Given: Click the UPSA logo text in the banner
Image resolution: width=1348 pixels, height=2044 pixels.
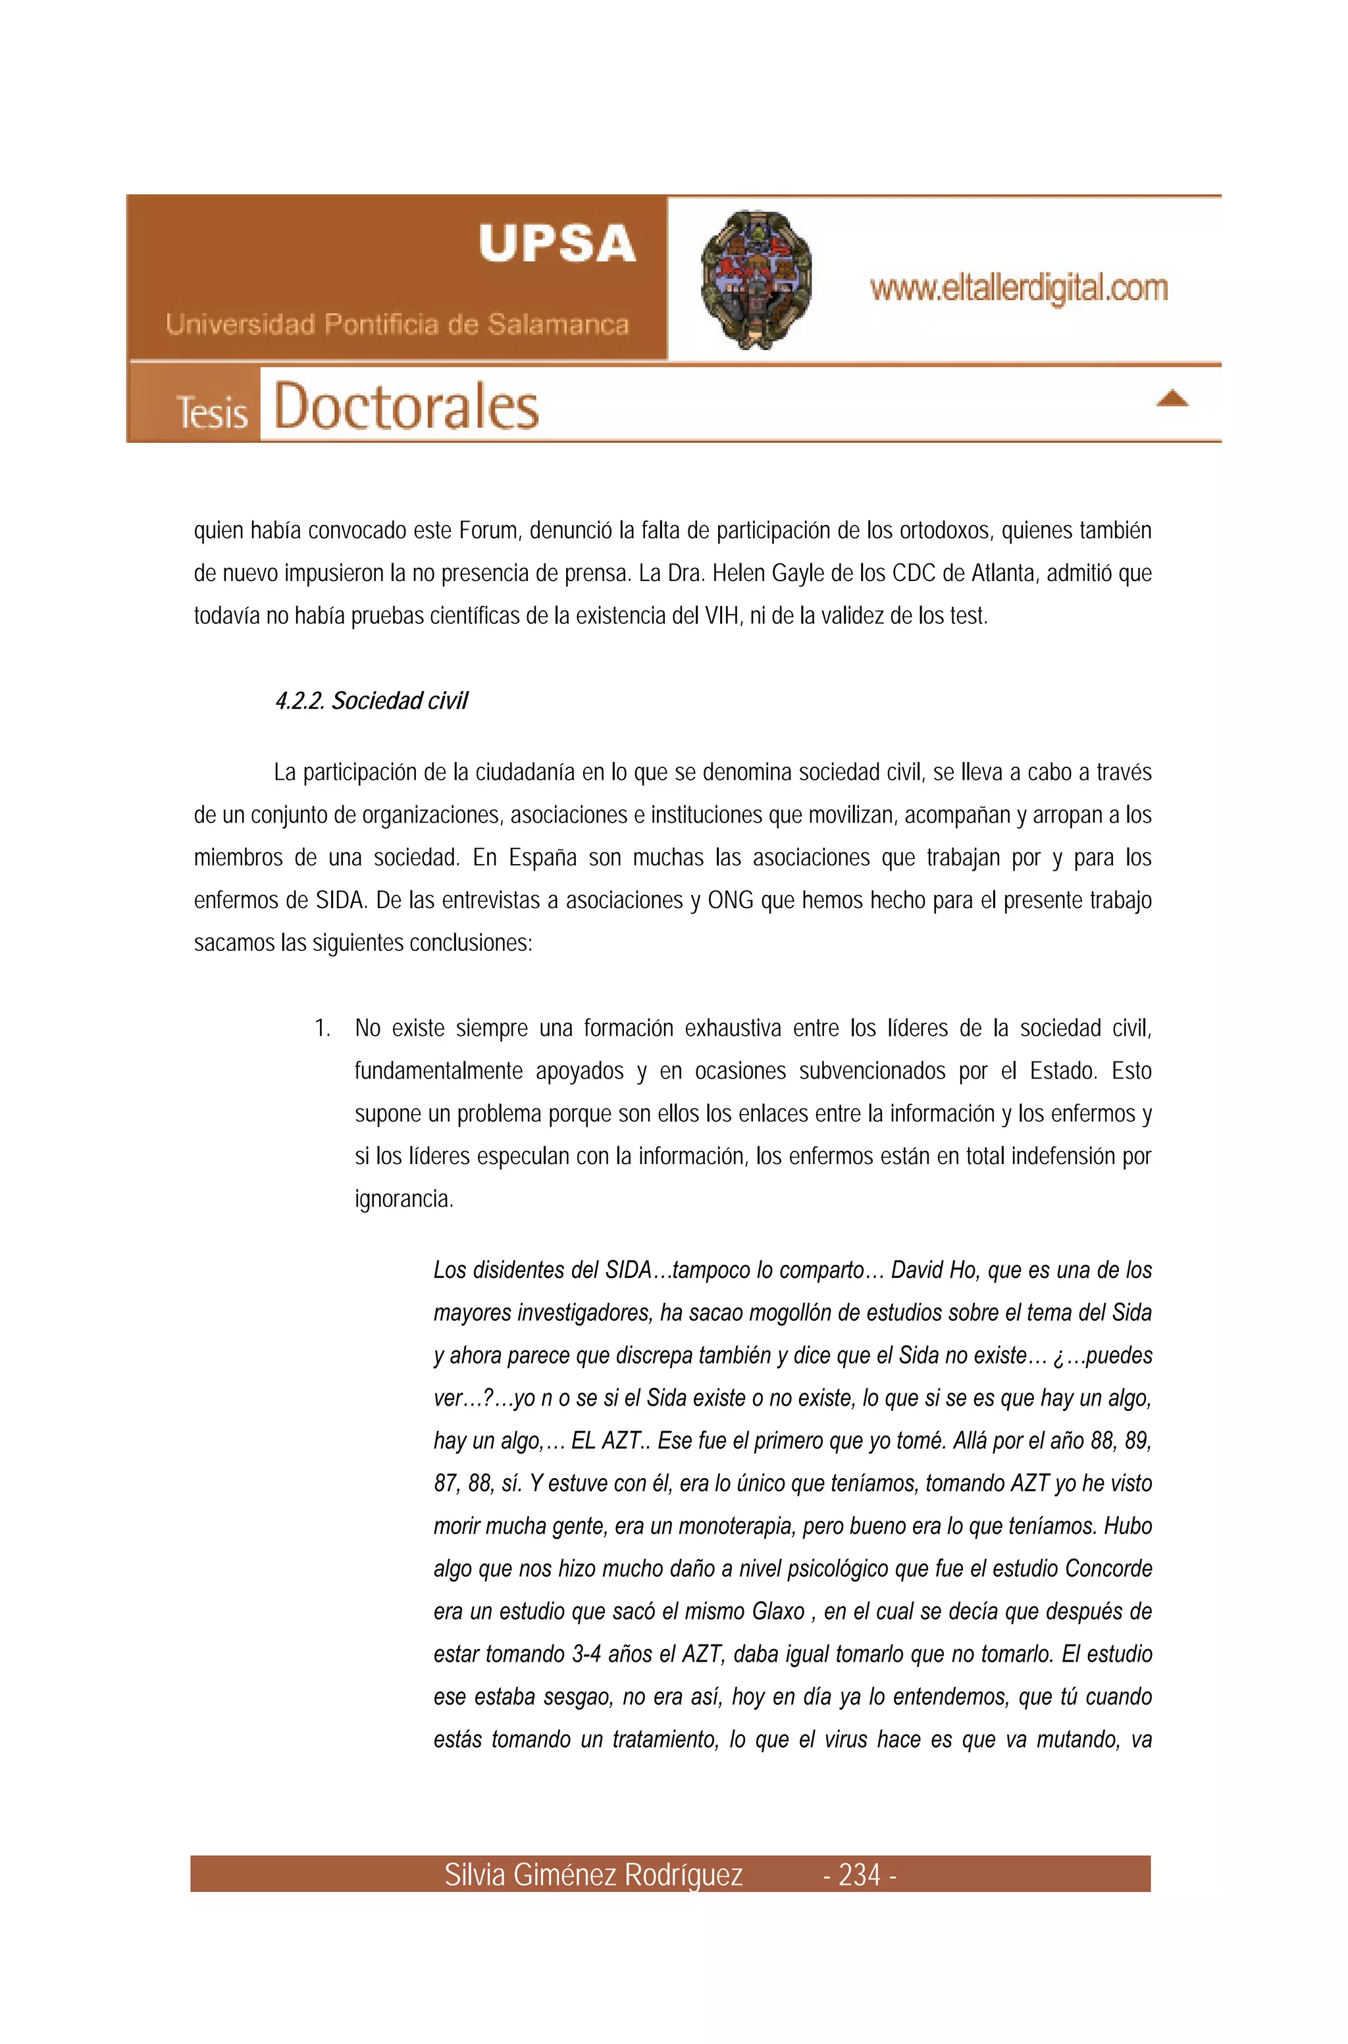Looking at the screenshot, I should [557, 244].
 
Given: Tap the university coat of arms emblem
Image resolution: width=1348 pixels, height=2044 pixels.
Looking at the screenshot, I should [756, 279].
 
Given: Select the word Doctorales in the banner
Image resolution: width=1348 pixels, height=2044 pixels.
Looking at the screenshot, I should [405, 407].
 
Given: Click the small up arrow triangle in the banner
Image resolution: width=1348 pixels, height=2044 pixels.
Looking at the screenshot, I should [1172, 398].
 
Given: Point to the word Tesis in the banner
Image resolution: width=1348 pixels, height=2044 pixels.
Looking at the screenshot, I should [211, 412].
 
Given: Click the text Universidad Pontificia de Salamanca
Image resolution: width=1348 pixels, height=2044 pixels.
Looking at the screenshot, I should [397, 325].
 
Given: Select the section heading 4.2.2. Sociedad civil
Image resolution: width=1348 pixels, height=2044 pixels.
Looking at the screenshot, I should [371, 702].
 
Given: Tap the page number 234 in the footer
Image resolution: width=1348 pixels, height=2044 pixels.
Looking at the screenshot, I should [860, 1875].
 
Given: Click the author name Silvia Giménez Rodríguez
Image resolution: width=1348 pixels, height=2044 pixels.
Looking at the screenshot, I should [593, 1875].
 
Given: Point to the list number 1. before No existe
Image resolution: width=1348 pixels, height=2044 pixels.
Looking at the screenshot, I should [323, 1029].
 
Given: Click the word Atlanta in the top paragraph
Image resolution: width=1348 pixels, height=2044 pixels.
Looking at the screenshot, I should [1002, 573].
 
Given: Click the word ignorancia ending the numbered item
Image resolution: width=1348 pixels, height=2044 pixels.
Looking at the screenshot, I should [403, 1199].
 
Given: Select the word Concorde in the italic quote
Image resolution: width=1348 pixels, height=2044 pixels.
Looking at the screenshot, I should [1108, 1569].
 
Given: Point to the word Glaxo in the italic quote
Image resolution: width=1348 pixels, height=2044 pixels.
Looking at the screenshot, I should [778, 1612].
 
